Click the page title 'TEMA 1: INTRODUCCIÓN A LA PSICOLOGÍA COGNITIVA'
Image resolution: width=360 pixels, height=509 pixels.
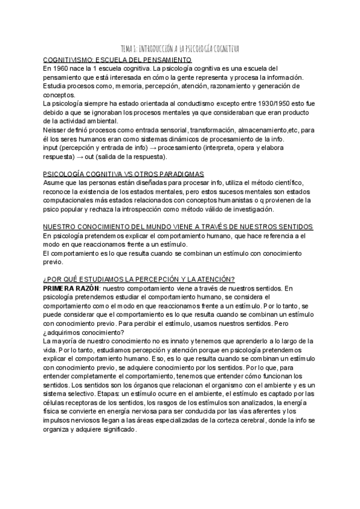click(x=180, y=49)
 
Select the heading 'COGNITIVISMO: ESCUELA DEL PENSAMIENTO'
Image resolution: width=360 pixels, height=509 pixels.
click(x=118, y=60)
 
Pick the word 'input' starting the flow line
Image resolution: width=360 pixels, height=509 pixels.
click(x=52, y=148)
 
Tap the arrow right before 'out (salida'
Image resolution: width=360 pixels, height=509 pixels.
click(x=81, y=157)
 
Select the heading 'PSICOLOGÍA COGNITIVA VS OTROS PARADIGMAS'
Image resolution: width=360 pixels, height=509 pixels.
click(x=124, y=173)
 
